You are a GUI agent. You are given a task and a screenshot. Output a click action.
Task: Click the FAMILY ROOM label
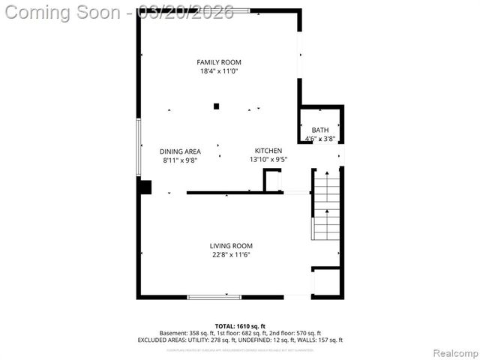(219, 62)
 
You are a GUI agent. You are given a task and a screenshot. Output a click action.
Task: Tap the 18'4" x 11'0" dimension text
(219, 71)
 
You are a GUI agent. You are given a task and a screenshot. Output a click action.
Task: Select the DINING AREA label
(180, 151)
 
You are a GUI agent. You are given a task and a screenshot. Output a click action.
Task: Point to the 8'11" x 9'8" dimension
(180, 160)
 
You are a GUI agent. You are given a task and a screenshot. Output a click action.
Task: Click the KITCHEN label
(268, 151)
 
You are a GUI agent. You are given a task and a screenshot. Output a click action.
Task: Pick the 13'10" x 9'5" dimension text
(268, 160)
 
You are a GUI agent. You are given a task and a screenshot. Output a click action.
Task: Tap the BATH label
(320, 130)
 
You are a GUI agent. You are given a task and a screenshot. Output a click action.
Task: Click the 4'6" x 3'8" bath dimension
(320, 139)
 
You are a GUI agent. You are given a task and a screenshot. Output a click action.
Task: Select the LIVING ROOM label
(230, 246)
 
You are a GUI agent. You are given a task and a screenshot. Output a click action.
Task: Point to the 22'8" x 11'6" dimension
(230, 255)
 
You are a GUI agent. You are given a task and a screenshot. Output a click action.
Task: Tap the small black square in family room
(216, 106)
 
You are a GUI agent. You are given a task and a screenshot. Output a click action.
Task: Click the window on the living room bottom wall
(214, 297)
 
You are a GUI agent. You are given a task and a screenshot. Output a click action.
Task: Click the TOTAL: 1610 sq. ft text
(240, 325)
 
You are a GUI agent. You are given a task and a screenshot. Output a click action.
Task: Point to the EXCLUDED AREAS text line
(240, 340)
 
